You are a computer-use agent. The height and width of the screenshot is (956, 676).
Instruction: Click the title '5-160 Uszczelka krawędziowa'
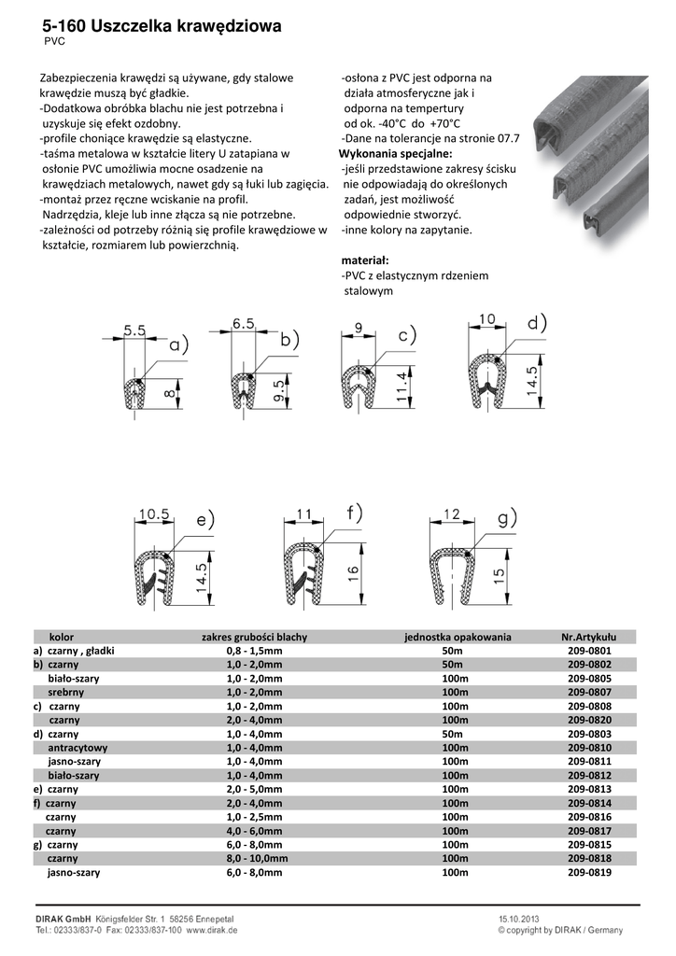click(x=161, y=27)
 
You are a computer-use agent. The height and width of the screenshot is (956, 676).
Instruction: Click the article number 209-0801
click(x=589, y=650)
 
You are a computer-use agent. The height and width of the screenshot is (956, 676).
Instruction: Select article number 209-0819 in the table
click(x=589, y=873)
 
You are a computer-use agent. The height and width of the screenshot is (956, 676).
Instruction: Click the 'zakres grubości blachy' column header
click(x=254, y=637)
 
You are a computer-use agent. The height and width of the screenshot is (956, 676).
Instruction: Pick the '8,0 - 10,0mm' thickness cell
click(x=254, y=859)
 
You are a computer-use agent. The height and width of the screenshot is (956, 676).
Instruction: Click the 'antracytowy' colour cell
click(x=77, y=748)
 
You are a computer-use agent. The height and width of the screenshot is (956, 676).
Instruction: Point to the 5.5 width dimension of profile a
click(x=134, y=330)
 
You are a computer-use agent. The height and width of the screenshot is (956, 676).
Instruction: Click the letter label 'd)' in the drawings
click(x=536, y=324)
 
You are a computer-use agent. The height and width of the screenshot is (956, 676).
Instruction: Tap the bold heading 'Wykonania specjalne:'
click(x=395, y=152)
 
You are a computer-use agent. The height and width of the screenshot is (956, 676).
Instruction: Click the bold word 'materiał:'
click(x=365, y=260)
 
